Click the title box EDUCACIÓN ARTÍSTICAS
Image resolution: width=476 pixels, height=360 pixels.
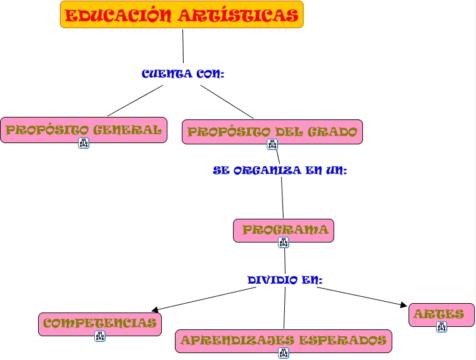pyautogui.click(x=181, y=15)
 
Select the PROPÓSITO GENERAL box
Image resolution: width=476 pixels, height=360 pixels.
pyautogui.click(x=84, y=129)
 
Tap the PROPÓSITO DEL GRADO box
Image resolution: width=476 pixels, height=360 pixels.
pyautogui.click(x=272, y=131)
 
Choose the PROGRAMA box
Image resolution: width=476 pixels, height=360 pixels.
pyautogui.click(x=284, y=229)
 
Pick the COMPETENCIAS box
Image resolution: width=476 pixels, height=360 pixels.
pyautogui.click(x=99, y=323)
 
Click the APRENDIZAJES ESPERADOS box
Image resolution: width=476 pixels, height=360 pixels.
pyautogui.click(x=283, y=340)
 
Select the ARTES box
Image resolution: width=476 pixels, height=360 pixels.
pyautogui.click(x=441, y=314)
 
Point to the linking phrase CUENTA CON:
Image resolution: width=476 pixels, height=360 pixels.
pyautogui.click(x=182, y=74)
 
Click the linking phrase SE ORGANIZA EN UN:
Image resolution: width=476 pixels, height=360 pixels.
pyautogui.click(x=279, y=170)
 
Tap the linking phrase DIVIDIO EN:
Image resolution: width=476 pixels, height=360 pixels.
pyautogui.click(x=285, y=279)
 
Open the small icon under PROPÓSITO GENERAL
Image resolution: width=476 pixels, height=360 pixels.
pyautogui.click(x=84, y=143)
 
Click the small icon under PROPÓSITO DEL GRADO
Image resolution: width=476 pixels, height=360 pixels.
pyautogui.click(x=272, y=144)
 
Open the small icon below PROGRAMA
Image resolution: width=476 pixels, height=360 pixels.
pyautogui.click(x=284, y=242)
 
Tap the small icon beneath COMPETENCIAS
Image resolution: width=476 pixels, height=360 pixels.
pyautogui.click(x=100, y=336)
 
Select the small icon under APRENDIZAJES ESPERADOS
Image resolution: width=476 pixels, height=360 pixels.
pyautogui.click(x=284, y=354)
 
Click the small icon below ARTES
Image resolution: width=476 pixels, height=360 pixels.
pyautogui.click(x=442, y=327)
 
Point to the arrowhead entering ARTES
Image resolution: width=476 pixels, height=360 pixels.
pyautogui.click(x=403, y=304)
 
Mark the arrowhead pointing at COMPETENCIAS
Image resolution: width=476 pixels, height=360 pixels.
pyautogui.click(x=155, y=309)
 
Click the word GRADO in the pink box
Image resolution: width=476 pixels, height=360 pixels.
pyautogui.click(x=333, y=131)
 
